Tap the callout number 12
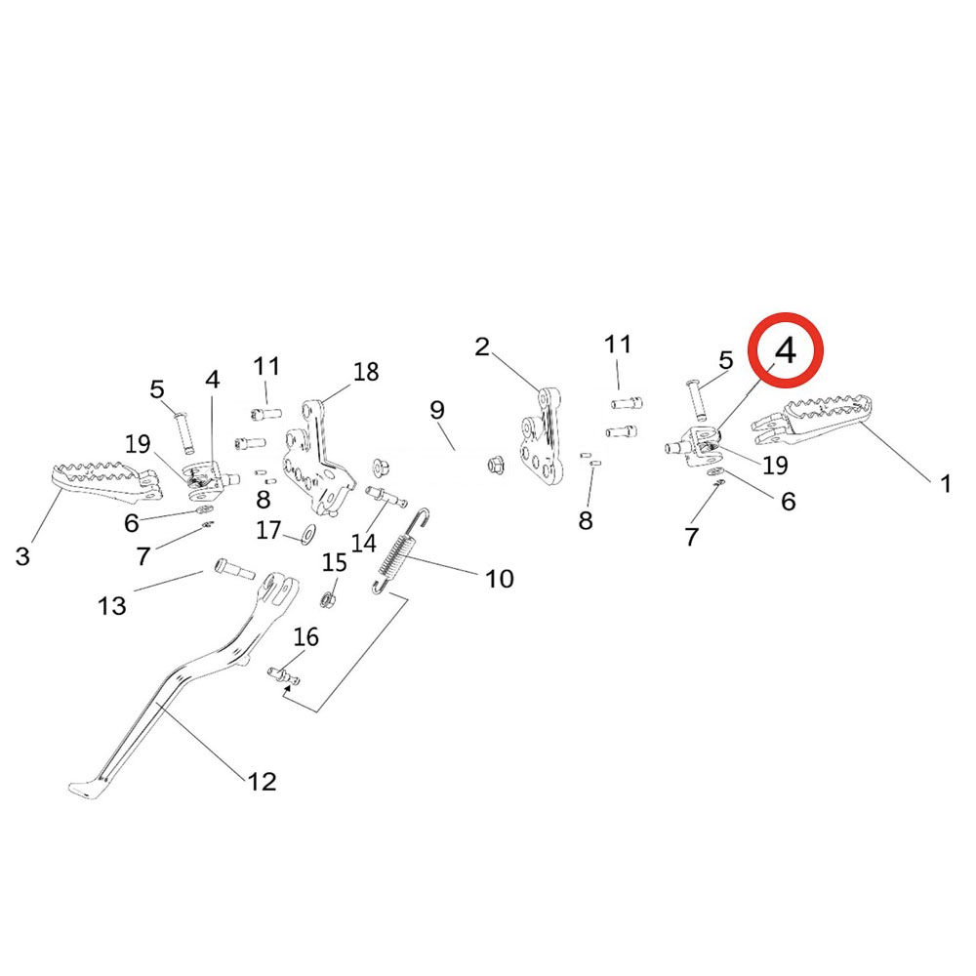[x=262, y=781]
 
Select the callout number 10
[x=499, y=579]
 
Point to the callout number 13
[x=112, y=606]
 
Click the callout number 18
[x=366, y=372]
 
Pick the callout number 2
[x=482, y=346]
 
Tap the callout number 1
[x=945, y=483]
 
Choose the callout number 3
[x=22, y=557]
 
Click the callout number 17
[x=268, y=530]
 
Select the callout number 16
[x=305, y=637]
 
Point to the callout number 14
[x=364, y=543]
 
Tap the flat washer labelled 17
[x=308, y=533]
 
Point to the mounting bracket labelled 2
[x=540, y=439]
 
